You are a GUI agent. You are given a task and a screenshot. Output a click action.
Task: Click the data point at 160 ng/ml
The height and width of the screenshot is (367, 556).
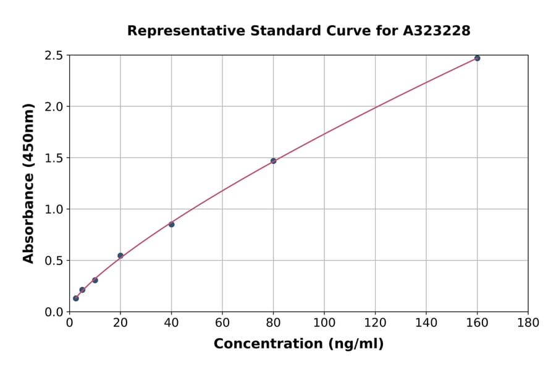[477, 58]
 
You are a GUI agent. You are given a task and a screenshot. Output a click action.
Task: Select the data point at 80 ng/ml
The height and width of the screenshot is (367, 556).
[273, 161]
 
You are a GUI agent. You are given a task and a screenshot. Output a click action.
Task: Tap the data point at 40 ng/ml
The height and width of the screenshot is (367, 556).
[171, 224]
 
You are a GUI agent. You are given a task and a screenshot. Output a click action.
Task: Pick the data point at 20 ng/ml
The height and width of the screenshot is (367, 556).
[120, 255]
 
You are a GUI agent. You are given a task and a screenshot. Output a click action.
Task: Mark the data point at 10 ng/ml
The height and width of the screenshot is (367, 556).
[95, 280]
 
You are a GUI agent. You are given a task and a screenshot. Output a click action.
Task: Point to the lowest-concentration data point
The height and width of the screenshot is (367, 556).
[76, 298]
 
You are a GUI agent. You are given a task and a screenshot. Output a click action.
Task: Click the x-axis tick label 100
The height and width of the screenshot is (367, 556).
[324, 323]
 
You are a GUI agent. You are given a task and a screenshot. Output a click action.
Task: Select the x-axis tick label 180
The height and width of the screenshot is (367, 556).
[528, 323]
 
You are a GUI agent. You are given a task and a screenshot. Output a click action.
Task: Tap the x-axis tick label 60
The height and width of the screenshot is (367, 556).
[222, 323]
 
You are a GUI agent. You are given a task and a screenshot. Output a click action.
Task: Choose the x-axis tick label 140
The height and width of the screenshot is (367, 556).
[426, 323]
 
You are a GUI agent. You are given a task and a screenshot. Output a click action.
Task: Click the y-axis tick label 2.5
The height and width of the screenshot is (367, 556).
[54, 56]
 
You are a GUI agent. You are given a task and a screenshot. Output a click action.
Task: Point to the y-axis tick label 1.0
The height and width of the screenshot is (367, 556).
[54, 209]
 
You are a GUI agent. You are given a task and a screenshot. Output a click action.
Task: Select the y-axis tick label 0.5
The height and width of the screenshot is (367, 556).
[54, 261]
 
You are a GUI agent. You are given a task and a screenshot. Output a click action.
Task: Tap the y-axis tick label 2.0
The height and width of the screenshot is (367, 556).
[54, 107]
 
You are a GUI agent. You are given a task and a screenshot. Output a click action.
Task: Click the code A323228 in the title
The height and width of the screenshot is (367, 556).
[437, 31]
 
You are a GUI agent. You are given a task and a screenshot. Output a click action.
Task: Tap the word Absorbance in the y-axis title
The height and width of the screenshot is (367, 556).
[28, 202]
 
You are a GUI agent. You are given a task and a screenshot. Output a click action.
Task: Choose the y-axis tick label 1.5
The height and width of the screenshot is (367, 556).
[54, 158]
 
